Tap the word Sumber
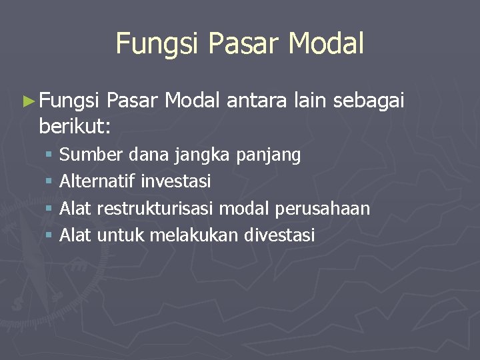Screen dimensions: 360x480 pyautogui.click(x=91, y=155)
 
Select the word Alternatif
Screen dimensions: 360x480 pyautogui.click(x=98, y=181)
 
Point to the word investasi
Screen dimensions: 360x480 pyautogui.click(x=176, y=181)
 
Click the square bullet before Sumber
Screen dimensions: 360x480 pyautogui.click(x=50, y=156)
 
